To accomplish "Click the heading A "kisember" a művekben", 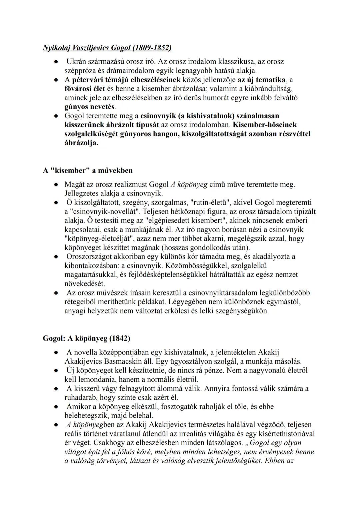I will (x=88, y=171).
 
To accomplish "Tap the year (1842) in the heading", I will (x=119, y=338).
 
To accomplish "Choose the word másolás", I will (x=287, y=361).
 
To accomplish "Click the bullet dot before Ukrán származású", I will (x=57, y=62).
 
